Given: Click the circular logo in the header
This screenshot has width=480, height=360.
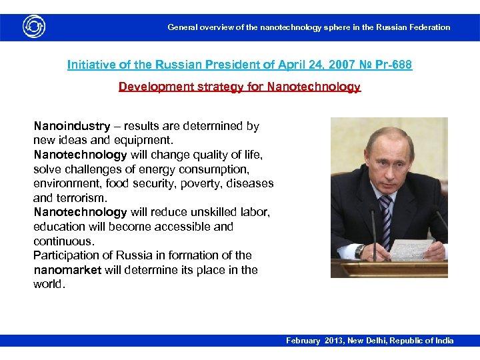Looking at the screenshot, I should [x=33, y=27].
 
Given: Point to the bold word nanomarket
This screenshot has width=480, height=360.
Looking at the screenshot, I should [x=67, y=270].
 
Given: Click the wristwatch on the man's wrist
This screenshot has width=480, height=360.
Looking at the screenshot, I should [x=361, y=251].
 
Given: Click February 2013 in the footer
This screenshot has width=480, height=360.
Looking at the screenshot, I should [x=313, y=341].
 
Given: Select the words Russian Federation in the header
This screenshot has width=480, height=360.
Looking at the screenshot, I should [x=413, y=27].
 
